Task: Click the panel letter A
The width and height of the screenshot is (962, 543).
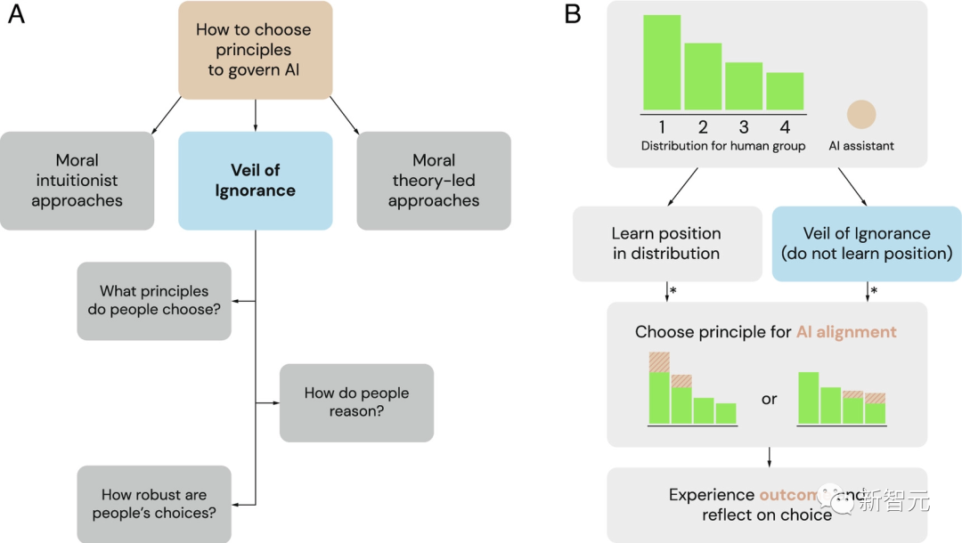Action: (16, 15)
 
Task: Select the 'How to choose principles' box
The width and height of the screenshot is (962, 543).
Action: (256, 50)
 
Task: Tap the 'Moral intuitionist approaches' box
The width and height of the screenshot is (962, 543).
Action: (77, 181)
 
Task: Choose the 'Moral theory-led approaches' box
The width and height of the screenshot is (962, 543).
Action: (434, 181)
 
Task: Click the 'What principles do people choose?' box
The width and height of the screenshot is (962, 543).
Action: (154, 301)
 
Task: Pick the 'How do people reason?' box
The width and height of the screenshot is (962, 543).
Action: (356, 402)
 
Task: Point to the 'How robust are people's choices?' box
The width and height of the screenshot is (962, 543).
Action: (154, 504)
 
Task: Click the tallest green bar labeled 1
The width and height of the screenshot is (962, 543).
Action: (662, 62)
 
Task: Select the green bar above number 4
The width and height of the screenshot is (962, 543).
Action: (785, 91)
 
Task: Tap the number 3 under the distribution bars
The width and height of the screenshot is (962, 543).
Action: (744, 126)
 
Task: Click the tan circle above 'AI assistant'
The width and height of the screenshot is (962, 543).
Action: (861, 114)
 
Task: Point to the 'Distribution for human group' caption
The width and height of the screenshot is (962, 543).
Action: (723, 146)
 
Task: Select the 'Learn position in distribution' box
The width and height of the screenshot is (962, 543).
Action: (666, 244)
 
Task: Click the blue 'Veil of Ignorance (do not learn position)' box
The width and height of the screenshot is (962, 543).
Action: (867, 244)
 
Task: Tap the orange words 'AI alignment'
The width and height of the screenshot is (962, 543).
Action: (846, 332)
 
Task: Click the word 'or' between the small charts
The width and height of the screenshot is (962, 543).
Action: (769, 399)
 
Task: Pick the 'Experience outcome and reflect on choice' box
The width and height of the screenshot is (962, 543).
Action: (767, 505)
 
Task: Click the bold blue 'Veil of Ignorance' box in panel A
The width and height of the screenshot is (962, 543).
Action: (256, 181)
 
